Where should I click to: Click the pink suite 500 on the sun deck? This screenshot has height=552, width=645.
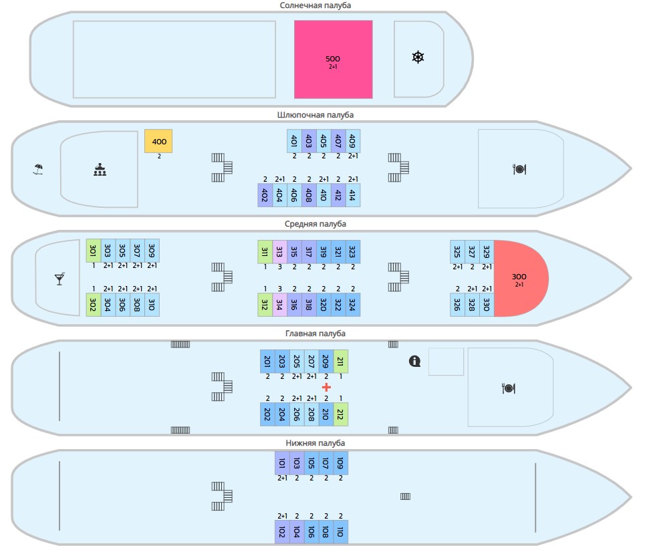(334, 59)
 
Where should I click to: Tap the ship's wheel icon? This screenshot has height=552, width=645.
(418, 57)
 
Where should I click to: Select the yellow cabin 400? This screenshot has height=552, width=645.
(158, 141)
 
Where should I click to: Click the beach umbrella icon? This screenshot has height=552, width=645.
(38, 169)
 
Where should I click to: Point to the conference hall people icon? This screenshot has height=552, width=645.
(100, 170)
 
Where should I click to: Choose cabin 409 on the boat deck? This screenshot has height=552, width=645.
(352, 141)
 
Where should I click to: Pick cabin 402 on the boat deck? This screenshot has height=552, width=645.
(265, 195)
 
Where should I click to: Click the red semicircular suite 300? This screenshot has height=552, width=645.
(521, 279)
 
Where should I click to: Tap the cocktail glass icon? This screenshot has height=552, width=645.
(59, 279)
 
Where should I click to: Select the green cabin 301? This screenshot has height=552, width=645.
(94, 251)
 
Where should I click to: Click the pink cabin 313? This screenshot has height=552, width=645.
(279, 252)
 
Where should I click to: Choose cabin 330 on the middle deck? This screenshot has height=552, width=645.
(487, 305)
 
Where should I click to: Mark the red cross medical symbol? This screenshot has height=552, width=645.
(326, 387)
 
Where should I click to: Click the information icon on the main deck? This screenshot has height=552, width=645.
(414, 361)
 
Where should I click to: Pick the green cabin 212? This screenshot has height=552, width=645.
(341, 414)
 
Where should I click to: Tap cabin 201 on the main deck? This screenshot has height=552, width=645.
(267, 361)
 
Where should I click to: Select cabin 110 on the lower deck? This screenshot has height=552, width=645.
(341, 532)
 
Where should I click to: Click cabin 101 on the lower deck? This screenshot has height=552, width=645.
(282, 463)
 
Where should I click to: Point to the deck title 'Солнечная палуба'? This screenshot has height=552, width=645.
(315, 5)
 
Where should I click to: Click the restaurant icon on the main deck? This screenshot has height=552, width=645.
(509, 388)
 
